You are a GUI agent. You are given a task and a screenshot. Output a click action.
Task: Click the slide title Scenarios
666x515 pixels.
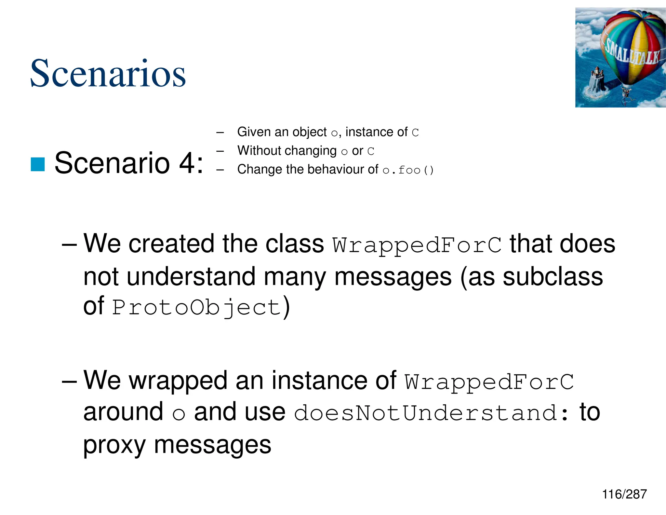click(x=108, y=73)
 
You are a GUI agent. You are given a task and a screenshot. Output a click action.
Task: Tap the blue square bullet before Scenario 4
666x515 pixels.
click(x=37, y=164)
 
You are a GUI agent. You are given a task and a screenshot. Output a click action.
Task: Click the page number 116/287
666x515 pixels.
click(x=624, y=494)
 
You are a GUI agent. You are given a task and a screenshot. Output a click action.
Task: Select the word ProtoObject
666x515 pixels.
click(x=196, y=307)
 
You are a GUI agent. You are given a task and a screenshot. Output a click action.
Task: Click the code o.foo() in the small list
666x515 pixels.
click(x=408, y=170)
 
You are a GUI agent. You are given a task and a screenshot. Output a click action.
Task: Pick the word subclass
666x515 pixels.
click(x=553, y=276)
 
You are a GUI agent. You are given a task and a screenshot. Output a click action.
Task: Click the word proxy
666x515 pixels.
click(x=114, y=445)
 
